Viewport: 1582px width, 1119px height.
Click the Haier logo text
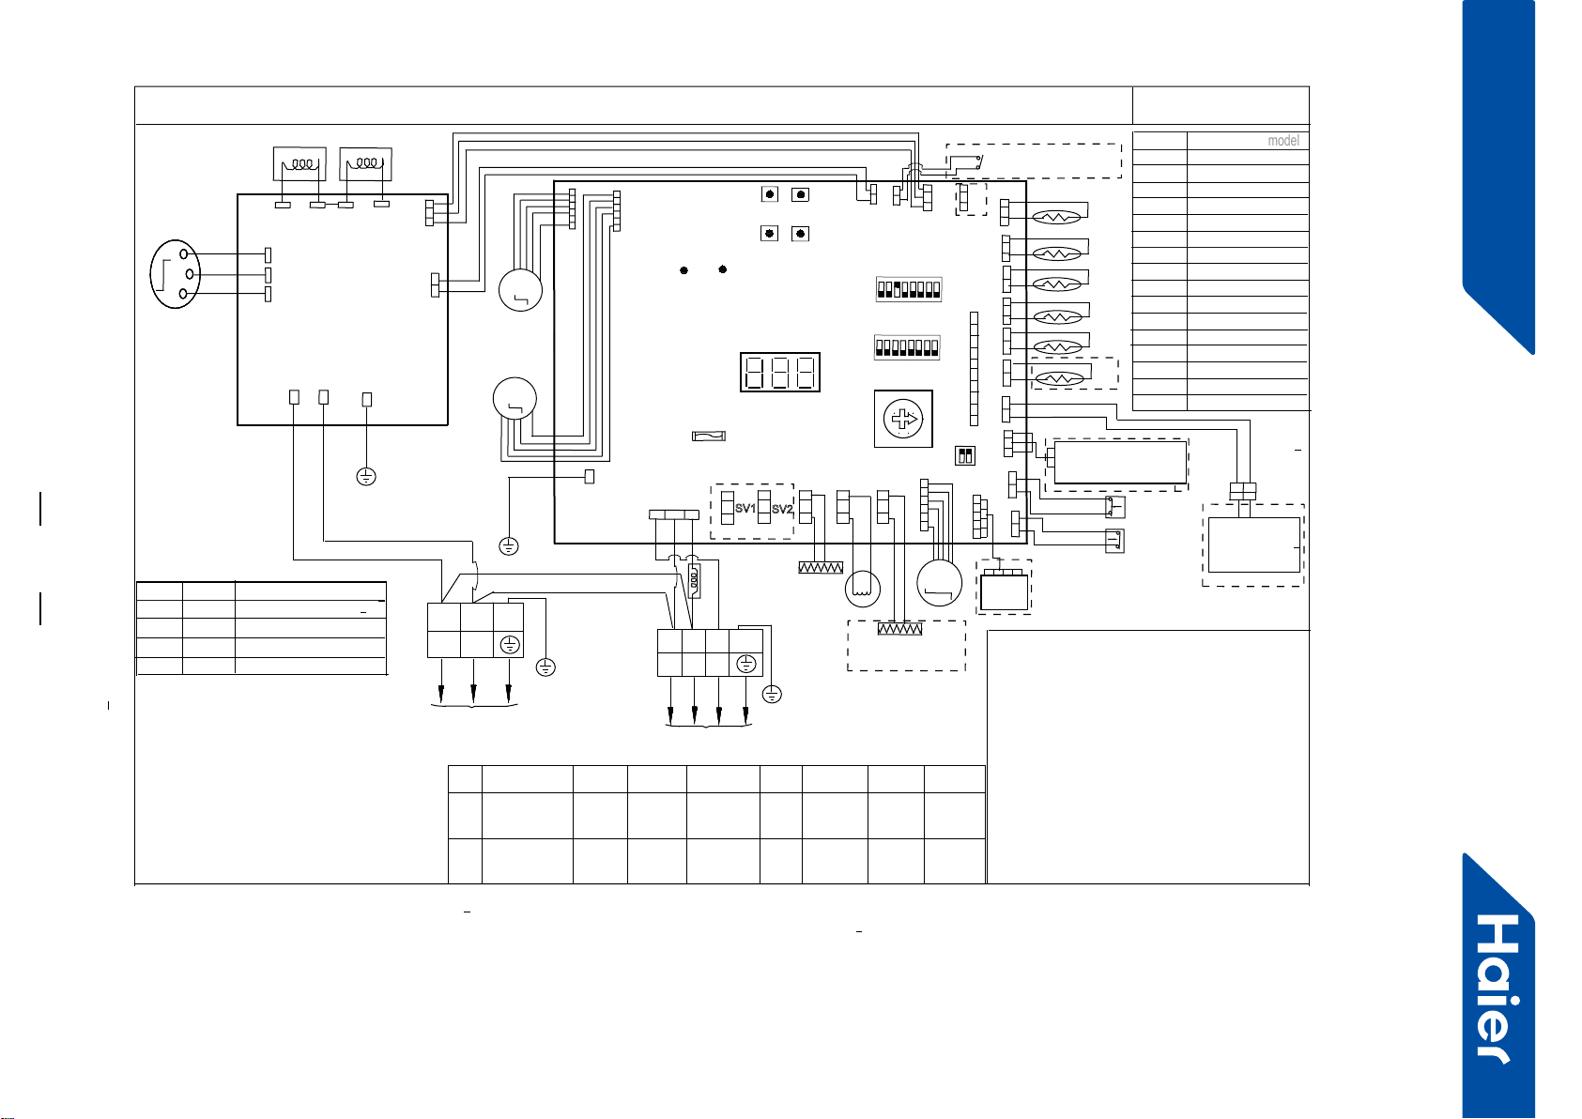coord(1498,989)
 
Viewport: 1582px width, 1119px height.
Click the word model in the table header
coord(1283,141)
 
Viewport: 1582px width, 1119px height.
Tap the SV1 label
coord(745,508)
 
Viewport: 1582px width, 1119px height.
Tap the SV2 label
coord(782,509)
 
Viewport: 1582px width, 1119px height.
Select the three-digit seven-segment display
coord(779,372)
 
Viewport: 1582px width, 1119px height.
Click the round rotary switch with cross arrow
coord(903,420)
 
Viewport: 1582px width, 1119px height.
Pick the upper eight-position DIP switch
coord(909,289)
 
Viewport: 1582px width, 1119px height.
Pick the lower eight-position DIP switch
coord(907,347)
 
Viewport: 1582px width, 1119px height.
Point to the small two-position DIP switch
coord(965,455)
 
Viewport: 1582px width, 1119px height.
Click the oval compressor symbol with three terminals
coord(176,274)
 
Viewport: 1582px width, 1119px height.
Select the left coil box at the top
coord(300,163)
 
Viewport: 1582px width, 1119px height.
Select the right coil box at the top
coord(366,163)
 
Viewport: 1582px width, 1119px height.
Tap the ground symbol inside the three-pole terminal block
coord(510,645)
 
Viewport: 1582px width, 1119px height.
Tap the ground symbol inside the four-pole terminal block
coord(746,664)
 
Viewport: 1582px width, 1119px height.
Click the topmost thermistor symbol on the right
coord(1056,218)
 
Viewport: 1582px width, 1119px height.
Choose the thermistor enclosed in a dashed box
coord(1059,379)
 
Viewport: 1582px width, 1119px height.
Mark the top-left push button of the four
coord(770,194)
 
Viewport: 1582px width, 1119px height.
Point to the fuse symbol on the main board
coord(708,437)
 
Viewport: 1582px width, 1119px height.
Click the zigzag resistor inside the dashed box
coord(899,629)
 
